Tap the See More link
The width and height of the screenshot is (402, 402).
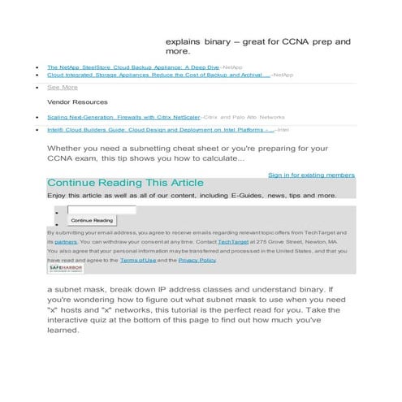click(62, 87)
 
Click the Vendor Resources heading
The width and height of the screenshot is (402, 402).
click(77, 102)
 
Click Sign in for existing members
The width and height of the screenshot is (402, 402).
click(311, 175)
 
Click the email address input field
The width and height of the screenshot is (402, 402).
click(101, 210)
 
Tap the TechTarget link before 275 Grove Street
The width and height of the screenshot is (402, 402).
click(233, 242)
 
